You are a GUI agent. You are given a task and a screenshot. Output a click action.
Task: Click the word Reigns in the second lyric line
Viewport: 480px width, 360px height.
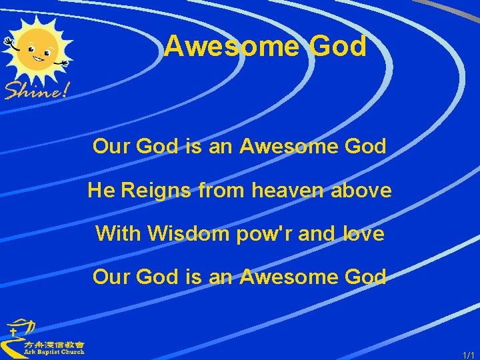point(155,191)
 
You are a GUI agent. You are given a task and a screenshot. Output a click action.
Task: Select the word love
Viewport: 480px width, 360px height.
point(363,233)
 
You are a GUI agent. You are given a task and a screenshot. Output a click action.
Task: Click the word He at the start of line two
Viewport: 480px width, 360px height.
point(101,191)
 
